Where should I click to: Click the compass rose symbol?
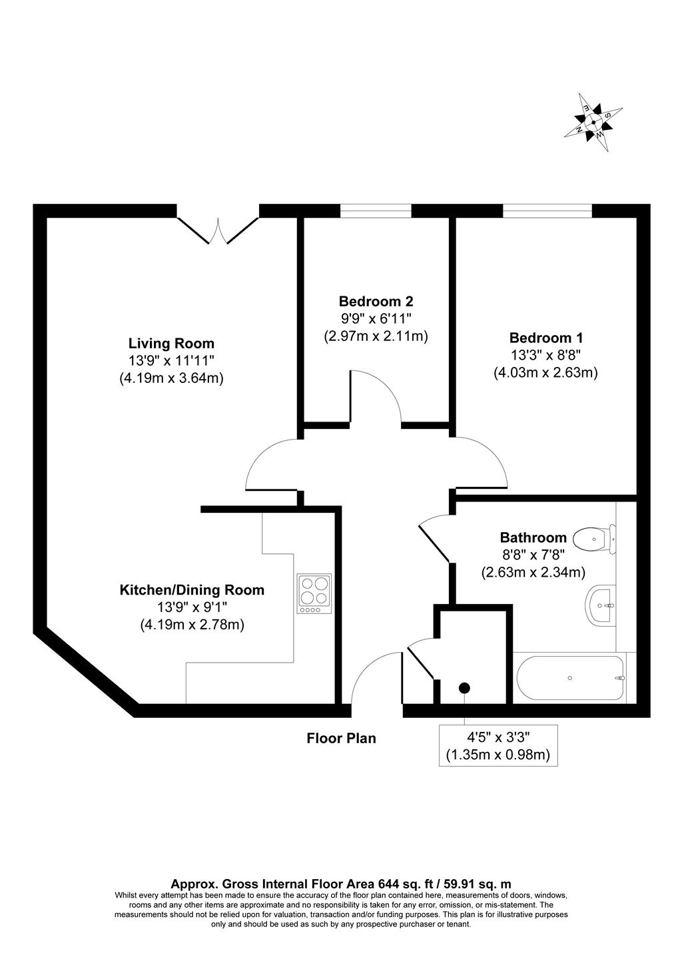pos(593,122)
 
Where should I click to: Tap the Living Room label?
pos(171,344)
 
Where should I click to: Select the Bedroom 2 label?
pos(376,301)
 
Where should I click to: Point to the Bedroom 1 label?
pos(546,338)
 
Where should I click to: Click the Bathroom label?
pos(533,537)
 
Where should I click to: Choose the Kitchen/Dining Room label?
pos(192,590)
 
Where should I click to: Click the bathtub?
pos(570,678)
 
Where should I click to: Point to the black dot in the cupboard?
pos(464,688)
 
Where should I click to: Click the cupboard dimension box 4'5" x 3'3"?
pos(498,746)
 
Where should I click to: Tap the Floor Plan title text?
pos(341,738)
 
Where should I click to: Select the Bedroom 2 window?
pos(376,211)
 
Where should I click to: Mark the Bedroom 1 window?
pos(547,211)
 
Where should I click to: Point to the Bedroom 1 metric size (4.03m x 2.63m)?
pos(545,373)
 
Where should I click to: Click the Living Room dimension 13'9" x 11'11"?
pos(171,361)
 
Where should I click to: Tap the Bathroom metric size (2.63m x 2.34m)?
pos(533,572)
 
